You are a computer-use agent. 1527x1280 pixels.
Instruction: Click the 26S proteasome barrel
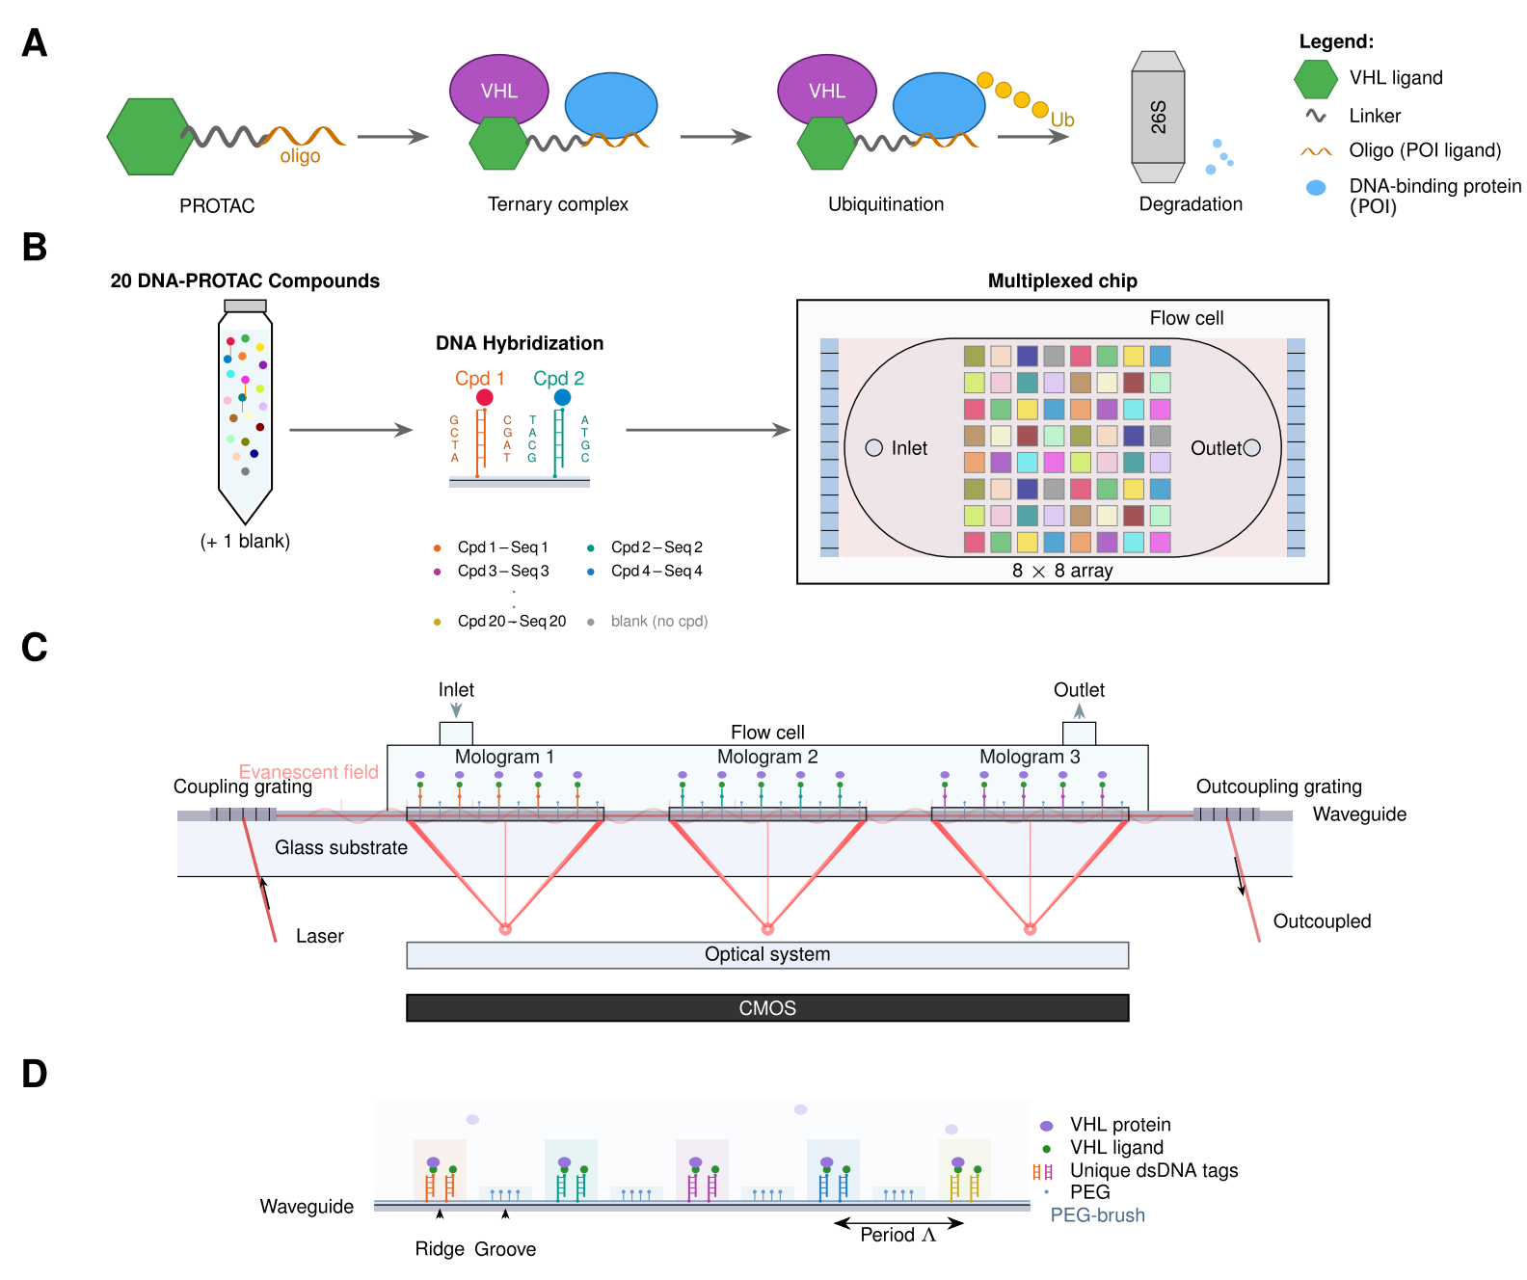(x=1158, y=118)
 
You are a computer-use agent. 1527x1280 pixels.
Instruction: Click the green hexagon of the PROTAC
(x=149, y=137)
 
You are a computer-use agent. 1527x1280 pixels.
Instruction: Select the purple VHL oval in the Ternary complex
(x=498, y=91)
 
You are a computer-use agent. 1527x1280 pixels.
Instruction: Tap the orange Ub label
(x=1062, y=120)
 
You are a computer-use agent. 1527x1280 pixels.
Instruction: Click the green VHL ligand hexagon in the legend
(x=1315, y=79)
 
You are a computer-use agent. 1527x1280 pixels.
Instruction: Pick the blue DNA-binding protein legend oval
(x=1316, y=188)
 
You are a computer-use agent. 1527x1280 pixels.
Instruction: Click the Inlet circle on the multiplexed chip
(x=874, y=447)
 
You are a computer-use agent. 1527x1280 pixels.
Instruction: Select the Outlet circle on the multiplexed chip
(x=1252, y=447)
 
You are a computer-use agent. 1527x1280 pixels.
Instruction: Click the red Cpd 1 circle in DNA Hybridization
(x=485, y=397)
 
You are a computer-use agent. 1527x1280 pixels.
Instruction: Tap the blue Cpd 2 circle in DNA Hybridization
(x=562, y=397)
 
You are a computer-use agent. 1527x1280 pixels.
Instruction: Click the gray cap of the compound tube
(x=245, y=306)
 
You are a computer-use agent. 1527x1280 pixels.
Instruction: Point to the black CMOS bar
(x=767, y=1008)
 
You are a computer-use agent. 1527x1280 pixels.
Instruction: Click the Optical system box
(x=767, y=954)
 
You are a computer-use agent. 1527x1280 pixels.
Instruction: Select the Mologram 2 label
(x=767, y=757)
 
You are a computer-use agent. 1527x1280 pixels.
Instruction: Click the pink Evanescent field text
(x=308, y=771)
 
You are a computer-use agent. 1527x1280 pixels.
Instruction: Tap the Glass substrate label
(x=341, y=847)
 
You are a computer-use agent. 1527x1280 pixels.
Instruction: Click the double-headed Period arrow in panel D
(x=898, y=1223)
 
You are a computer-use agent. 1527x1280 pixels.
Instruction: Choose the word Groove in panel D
(x=505, y=1249)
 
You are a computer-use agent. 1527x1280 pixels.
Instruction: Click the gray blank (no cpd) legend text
(x=659, y=622)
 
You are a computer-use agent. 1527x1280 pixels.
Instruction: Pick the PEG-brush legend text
(x=1097, y=1215)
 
